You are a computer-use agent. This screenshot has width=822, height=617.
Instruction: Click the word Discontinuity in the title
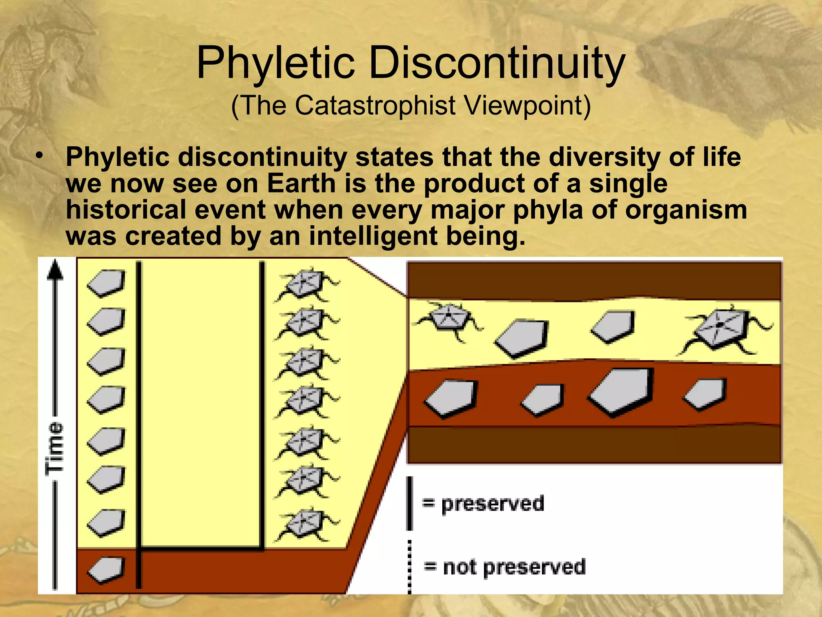coord(497,63)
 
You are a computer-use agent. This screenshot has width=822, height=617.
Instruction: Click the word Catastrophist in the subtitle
coord(375,106)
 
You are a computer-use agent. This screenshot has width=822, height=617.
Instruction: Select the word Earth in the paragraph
coord(301,184)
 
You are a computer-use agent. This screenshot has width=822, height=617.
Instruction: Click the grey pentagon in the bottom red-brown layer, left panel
coord(106,570)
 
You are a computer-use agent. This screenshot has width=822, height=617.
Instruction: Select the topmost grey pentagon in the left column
coord(106,283)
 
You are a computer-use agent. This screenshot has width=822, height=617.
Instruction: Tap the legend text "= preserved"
coord(483,504)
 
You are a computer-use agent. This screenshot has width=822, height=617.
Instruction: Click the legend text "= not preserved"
coord(505,567)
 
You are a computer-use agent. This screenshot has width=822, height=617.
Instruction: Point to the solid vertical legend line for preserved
coord(409,503)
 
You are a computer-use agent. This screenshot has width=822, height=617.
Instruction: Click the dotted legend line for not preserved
coord(409,566)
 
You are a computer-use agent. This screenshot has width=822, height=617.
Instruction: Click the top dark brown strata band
coord(594,280)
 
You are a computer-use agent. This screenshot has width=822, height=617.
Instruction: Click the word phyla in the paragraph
coord(548,210)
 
